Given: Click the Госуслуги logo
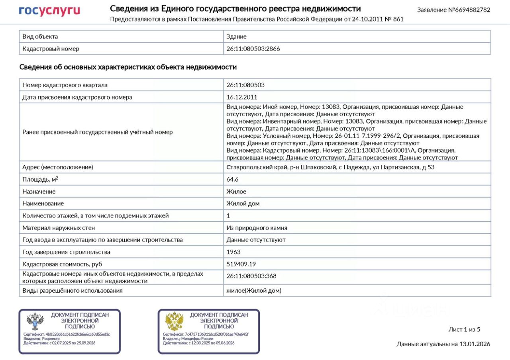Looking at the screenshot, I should (x=49, y=11).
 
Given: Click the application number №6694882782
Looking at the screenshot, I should (x=453, y=10).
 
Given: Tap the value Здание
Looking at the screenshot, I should (x=236, y=37).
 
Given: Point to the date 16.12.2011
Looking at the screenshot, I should (x=242, y=97).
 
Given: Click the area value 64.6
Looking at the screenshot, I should (x=232, y=180).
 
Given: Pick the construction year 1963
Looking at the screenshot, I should (x=233, y=252).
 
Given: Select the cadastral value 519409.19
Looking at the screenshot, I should (x=241, y=264).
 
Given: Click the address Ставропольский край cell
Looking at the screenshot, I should (x=330, y=167).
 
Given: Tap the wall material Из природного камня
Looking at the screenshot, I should (x=257, y=228).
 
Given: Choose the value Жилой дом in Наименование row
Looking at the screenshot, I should (x=243, y=203).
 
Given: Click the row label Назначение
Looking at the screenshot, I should (x=39, y=192).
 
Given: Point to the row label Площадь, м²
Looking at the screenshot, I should (x=40, y=180).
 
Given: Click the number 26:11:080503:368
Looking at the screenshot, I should (x=251, y=276).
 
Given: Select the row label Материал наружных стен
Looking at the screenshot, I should (x=59, y=228).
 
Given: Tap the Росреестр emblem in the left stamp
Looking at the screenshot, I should (x=35, y=321).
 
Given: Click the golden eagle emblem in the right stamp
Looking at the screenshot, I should (x=174, y=321).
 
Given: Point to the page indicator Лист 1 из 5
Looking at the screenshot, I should (x=464, y=329).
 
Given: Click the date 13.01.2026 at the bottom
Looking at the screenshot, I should (x=475, y=344).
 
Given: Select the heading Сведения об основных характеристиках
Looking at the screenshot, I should (x=128, y=67).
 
